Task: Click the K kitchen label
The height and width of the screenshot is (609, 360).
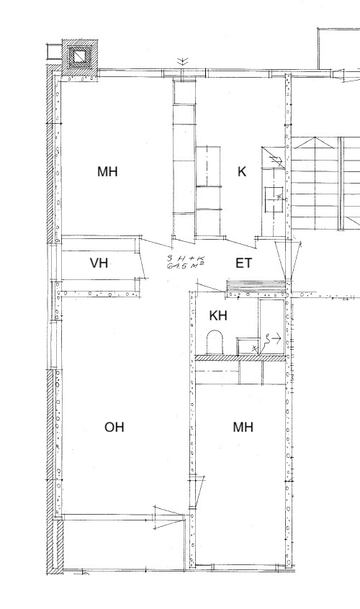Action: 241,171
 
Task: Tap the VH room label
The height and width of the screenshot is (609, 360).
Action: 99,263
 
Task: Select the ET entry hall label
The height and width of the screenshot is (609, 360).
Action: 243,263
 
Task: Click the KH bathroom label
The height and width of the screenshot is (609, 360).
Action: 218,316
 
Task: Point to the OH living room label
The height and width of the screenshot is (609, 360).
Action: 114,427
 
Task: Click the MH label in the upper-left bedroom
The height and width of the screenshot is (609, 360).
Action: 107,171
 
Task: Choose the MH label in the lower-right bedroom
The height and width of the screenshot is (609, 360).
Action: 243,427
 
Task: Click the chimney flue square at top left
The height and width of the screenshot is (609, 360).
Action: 80,57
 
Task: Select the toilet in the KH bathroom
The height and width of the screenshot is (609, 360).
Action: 215,342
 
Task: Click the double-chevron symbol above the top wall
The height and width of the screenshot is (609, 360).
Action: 182,61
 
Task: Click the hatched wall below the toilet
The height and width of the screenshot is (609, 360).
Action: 240,358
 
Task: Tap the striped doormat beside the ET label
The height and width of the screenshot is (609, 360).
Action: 256,287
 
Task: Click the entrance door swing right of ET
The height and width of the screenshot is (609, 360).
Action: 288,260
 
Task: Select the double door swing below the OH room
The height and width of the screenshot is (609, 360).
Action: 169,518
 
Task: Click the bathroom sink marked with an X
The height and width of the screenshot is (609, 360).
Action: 248,346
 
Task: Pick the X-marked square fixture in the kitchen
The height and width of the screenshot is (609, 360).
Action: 274,199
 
